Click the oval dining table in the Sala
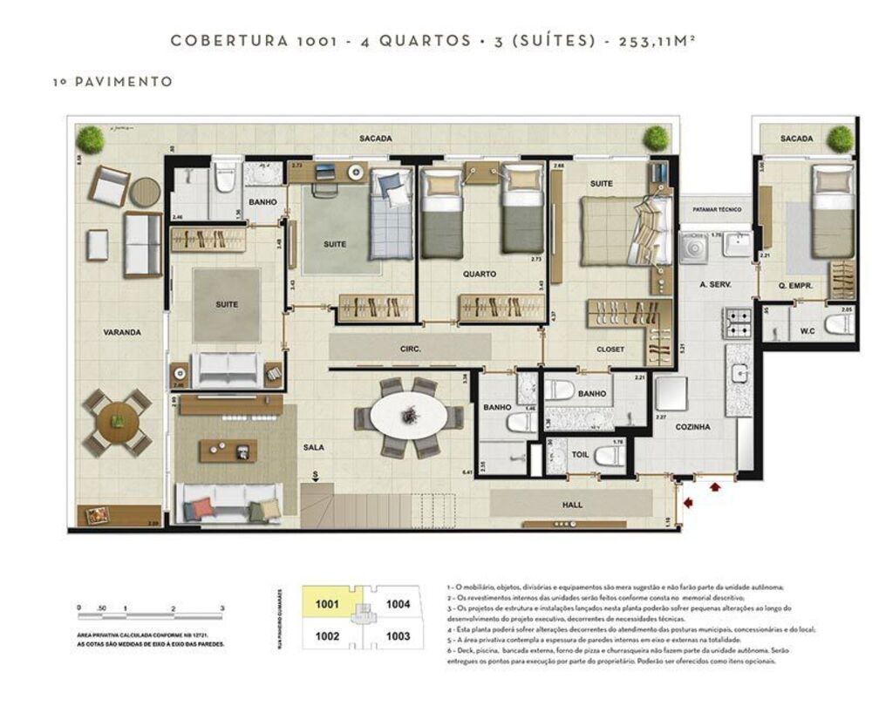pyautogui.click(x=409, y=418)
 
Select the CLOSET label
pyautogui.click(x=610, y=349)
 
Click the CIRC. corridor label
pyautogui.click(x=411, y=349)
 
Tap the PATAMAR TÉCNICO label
pyautogui.click(x=717, y=210)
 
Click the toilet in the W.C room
pyautogui.click(x=840, y=326)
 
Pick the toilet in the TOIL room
pyautogui.click(x=607, y=455)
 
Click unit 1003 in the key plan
pyautogui.click(x=398, y=636)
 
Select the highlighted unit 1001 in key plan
pyautogui.click(x=327, y=603)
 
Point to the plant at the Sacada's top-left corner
pyautogui.click(x=89, y=139)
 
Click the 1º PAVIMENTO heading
pyautogui.click(x=112, y=82)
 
